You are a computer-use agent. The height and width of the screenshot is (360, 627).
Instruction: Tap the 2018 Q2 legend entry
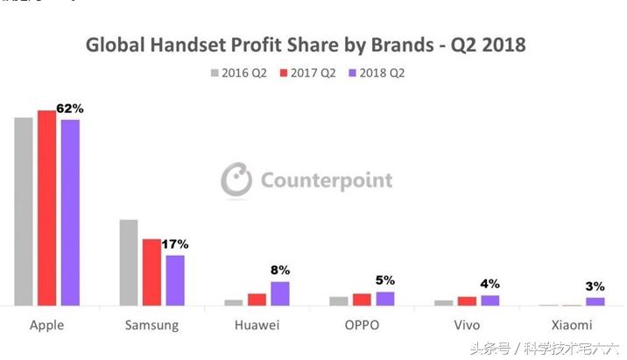377,72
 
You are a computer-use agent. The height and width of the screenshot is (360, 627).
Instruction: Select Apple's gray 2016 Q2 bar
24,211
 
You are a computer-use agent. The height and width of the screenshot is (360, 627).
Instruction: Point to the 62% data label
69,109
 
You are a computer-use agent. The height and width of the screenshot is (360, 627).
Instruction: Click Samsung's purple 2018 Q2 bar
175,280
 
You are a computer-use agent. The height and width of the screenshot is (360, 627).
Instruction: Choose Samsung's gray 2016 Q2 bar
129,262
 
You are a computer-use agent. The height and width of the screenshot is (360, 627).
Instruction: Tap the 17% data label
175,244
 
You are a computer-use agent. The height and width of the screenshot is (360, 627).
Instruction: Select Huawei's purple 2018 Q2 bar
280,293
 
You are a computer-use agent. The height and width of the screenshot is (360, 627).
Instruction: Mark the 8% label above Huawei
280,270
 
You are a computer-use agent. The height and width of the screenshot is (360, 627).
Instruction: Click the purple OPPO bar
385,298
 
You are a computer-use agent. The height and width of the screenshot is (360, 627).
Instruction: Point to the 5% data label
385,280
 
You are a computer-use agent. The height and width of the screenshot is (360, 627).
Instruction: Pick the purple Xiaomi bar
595,301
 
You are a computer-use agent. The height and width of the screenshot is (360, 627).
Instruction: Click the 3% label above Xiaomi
595,286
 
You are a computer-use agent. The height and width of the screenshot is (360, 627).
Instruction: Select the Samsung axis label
152,325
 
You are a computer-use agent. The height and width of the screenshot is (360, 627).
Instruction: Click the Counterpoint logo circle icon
236,180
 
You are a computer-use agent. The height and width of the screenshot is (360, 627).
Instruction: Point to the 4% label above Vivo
490,284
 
